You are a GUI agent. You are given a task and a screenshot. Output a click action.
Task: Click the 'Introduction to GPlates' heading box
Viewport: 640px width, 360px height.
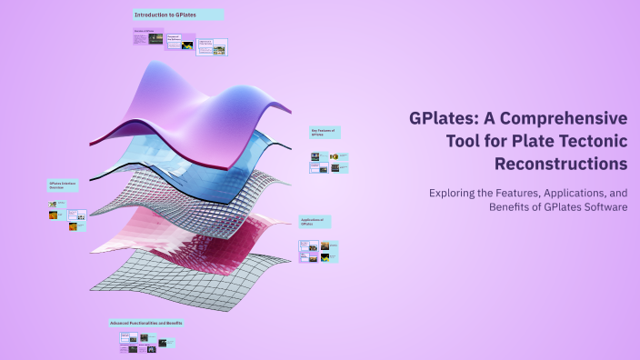tap(177, 15)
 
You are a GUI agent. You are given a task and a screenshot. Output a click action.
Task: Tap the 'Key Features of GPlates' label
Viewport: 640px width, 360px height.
tap(324, 133)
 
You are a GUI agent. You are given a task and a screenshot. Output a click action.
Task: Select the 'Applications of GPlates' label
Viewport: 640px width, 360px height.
tap(313, 221)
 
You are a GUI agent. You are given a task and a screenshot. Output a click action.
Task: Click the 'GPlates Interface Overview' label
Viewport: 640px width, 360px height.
tap(63, 185)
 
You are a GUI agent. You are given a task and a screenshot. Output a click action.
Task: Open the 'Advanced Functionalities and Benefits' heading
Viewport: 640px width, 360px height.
tap(146, 323)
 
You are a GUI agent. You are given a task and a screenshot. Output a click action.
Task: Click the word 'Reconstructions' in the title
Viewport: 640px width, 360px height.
tap(561, 165)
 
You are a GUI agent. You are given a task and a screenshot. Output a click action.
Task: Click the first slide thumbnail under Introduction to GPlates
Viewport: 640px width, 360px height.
tap(148, 39)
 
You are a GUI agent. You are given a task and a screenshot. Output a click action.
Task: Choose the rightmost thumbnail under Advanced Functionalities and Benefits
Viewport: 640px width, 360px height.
tap(167, 343)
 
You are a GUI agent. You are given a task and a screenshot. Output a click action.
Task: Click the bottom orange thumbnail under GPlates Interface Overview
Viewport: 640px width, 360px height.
tap(71, 226)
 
